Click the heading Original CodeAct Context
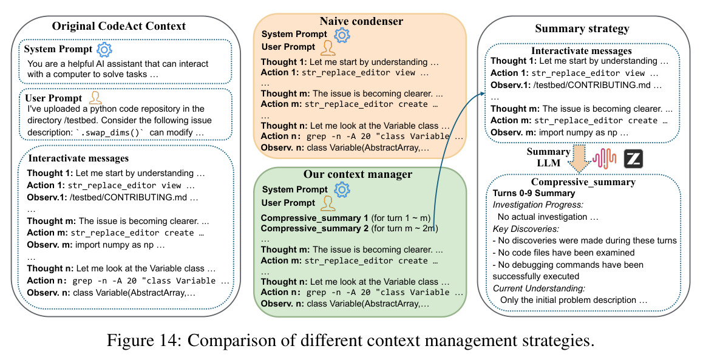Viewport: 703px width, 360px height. coord(119,26)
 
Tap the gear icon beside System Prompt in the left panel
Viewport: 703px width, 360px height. coord(104,49)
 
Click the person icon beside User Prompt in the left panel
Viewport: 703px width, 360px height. coord(95,98)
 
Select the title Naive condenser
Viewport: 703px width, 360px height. coord(361,21)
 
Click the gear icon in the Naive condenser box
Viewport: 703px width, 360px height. coord(342,35)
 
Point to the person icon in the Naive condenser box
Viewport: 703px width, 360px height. coord(328,47)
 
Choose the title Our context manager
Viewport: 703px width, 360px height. coord(358,174)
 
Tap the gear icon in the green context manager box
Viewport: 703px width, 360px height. coord(342,189)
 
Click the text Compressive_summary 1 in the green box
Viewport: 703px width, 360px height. coord(314,219)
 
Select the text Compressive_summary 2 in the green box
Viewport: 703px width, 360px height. coord(314,229)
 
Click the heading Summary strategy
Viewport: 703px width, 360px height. coord(582,29)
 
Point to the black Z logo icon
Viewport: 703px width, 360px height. coord(634,158)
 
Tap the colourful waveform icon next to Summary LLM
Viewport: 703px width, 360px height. coord(605,159)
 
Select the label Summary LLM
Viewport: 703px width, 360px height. coord(548,157)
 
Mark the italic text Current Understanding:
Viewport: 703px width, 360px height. coord(539,288)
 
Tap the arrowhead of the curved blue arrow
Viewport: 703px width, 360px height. coord(483,93)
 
